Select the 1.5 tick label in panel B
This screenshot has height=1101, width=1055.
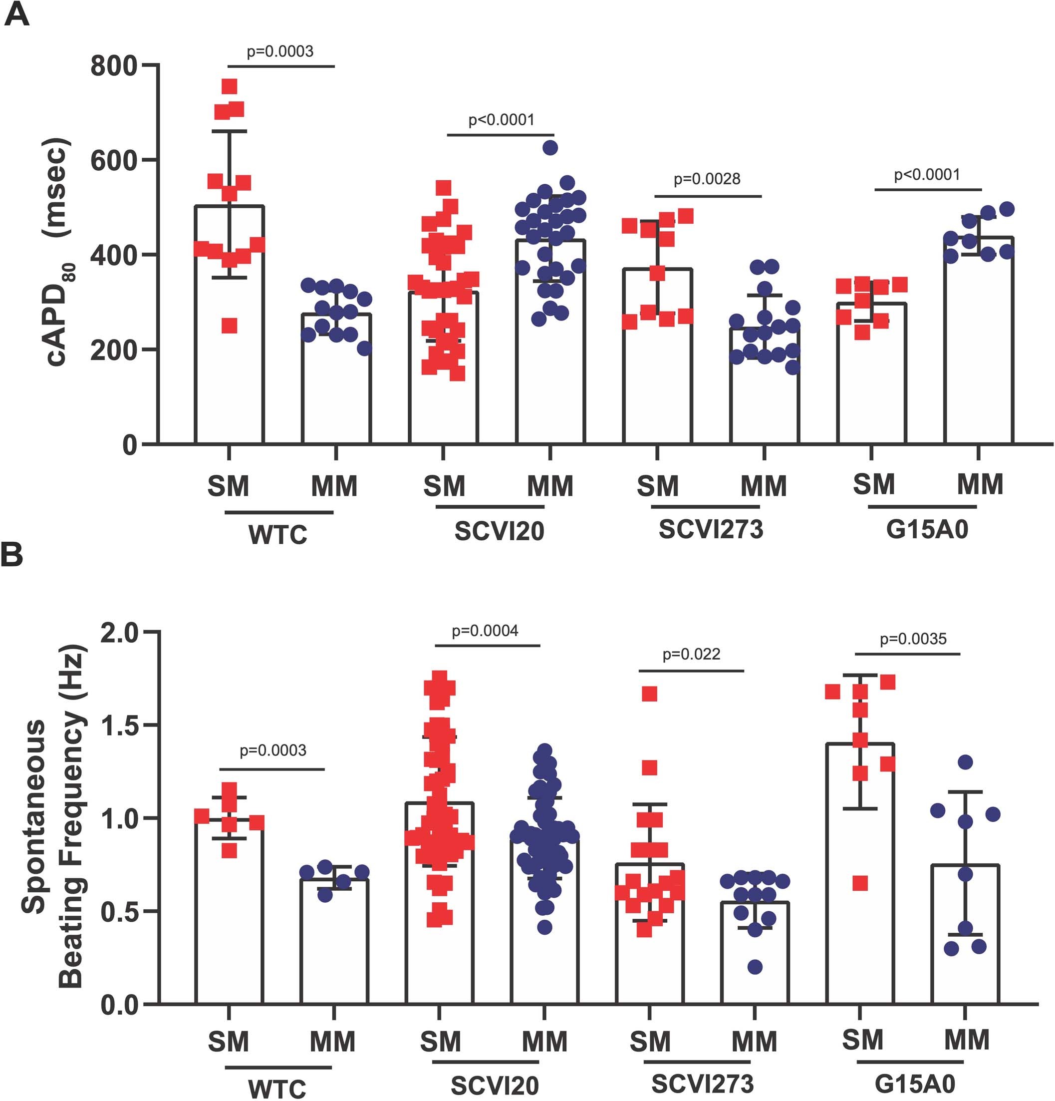tap(119, 725)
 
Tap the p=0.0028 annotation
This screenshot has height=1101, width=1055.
tap(706, 179)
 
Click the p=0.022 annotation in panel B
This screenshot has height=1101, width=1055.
tap(691, 654)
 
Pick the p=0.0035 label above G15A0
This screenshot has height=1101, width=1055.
tap(913, 639)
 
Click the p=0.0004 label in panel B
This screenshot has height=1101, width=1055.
tap(485, 631)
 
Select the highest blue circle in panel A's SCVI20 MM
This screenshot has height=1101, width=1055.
tap(550, 148)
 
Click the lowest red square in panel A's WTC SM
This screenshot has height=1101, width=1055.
tap(229, 325)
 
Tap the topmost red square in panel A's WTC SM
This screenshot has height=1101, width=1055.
tap(229, 86)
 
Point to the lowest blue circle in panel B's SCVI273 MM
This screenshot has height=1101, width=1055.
tap(755, 967)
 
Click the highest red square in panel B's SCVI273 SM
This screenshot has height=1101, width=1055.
tap(650, 694)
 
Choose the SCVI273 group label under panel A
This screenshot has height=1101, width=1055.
tap(711, 530)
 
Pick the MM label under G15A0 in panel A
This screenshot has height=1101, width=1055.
tap(980, 484)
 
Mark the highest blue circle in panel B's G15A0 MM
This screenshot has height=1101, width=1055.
tap(965, 762)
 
